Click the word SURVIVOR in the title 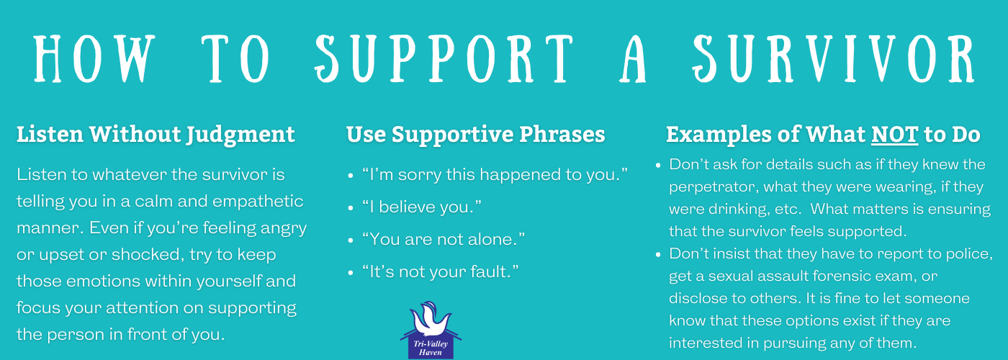[833, 58]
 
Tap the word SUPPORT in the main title [444, 58]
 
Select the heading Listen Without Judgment [156, 135]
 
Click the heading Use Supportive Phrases [476, 135]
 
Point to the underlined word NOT [894, 135]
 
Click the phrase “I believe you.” [422, 207]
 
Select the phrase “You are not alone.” [444, 239]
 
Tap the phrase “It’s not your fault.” [440, 272]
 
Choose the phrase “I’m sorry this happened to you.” [495, 174]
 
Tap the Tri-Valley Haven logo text [431, 348]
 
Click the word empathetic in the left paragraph [258, 202]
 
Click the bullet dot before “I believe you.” [351, 208]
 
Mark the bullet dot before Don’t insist [658, 255]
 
